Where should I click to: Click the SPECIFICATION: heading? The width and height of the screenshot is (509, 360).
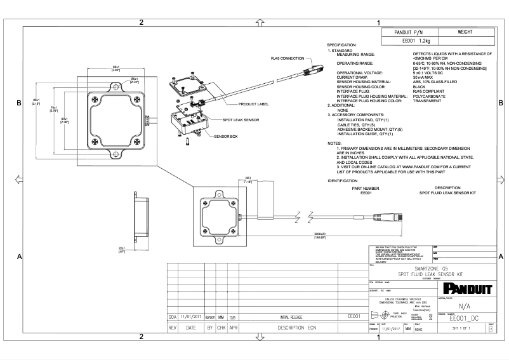click(x=345, y=45)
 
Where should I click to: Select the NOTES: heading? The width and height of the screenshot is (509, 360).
click(x=334, y=143)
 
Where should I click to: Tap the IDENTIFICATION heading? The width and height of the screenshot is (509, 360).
click(x=343, y=181)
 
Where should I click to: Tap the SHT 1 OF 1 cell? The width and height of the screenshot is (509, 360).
click(x=464, y=329)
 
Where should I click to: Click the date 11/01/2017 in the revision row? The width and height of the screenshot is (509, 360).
click(x=191, y=316)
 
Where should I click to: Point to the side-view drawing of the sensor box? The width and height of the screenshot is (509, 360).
click(x=139, y=216)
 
